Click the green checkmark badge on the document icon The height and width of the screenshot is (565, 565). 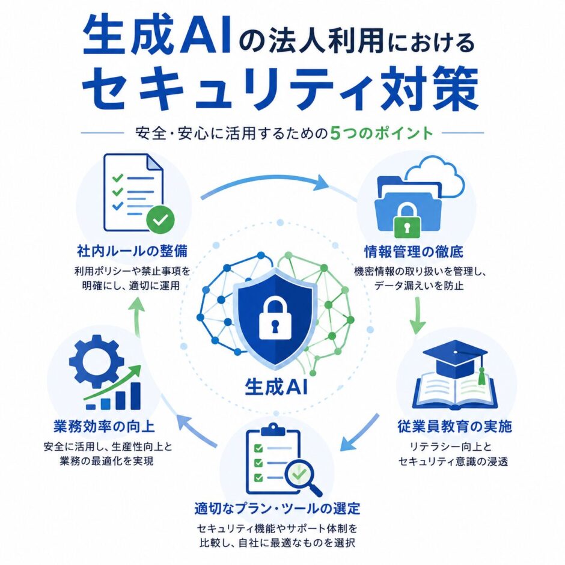[x=160, y=219]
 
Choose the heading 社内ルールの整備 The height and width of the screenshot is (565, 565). [x=132, y=251]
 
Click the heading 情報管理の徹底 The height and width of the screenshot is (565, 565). [x=414, y=251]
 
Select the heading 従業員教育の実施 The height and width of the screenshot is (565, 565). [x=455, y=426]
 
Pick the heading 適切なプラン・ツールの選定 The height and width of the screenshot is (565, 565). [x=277, y=508]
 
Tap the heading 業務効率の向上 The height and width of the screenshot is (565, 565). [x=104, y=427]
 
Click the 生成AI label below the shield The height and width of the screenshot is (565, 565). [x=276, y=388]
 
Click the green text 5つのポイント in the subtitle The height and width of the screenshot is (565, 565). [x=382, y=133]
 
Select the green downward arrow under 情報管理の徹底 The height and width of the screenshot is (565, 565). [x=418, y=314]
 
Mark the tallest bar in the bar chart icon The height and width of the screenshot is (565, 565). [x=135, y=395]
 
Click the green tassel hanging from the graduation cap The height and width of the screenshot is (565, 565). [x=481, y=374]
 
